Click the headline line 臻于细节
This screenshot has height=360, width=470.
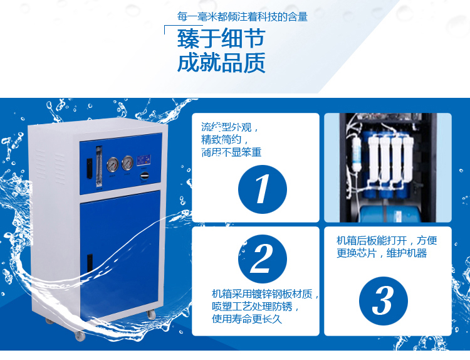tap(221, 39)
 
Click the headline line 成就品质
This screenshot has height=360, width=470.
tap(221, 63)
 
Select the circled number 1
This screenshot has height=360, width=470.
tap(263, 189)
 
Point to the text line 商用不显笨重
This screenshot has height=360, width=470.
tap(231, 152)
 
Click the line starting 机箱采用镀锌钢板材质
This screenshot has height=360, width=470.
tap(266, 294)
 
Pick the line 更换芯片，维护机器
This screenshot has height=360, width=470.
tap(382, 253)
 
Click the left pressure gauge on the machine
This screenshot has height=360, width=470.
tap(113, 164)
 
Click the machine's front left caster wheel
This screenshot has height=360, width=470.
tap(80, 336)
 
